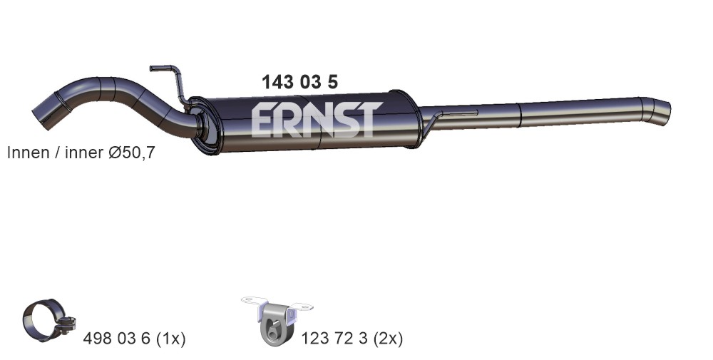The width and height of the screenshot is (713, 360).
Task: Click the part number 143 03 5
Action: [299, 82]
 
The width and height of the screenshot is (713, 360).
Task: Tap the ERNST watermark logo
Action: [317, 119]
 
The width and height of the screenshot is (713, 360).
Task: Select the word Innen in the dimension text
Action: [29, 153]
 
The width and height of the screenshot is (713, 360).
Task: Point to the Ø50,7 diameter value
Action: [132, 153]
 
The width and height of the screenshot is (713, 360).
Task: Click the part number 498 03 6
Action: [116, 338]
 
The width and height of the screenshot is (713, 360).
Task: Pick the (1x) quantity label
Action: [170, 339]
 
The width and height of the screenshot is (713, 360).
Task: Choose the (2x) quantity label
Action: [388, 339]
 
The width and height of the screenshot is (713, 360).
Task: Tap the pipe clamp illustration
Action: [48, 320]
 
